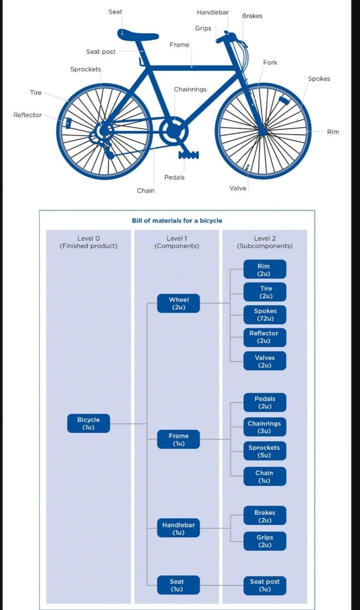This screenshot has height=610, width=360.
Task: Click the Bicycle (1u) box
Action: (88, 423)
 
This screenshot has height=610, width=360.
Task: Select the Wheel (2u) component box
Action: (178, 303)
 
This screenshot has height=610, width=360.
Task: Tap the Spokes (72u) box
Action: (265, 314)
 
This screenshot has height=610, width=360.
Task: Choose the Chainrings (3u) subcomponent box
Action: (264, 427)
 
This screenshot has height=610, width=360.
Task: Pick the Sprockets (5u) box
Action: (264, 451)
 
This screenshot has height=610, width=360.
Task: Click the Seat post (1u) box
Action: (265, 585)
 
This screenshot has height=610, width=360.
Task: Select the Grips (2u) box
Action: (265, 541)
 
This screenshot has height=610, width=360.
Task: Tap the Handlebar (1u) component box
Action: (178, 529)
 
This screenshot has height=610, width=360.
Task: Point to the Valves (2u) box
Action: (265, 361)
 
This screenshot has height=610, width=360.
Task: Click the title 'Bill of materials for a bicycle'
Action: (177, 221)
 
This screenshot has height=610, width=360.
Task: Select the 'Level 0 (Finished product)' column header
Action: (88, 242)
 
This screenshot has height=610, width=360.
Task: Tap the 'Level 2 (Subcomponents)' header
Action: (265, 242)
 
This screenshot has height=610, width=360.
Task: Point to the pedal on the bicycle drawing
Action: (188, 155)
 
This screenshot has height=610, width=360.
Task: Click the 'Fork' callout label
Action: (270, 63)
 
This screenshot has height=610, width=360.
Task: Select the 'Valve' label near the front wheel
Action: (238, 188)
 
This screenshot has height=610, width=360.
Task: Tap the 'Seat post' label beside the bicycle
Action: (101, 52)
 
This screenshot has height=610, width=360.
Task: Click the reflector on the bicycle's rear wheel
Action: (68, 123)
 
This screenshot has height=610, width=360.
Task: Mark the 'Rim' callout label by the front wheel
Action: (333, 132)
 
